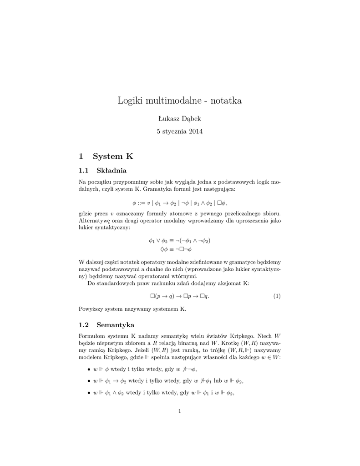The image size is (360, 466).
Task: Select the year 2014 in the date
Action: (x=193, y=132)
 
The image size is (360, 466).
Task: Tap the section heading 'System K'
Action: (x=113, y=156)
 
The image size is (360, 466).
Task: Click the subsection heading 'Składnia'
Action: (x=112, y=171)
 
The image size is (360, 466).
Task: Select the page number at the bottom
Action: (x=180, y=412)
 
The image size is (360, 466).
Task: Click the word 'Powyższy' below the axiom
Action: (x=91, y=309)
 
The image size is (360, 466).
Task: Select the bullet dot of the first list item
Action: (x=88, y=370)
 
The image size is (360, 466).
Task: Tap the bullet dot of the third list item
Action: (x=88, y=392)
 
